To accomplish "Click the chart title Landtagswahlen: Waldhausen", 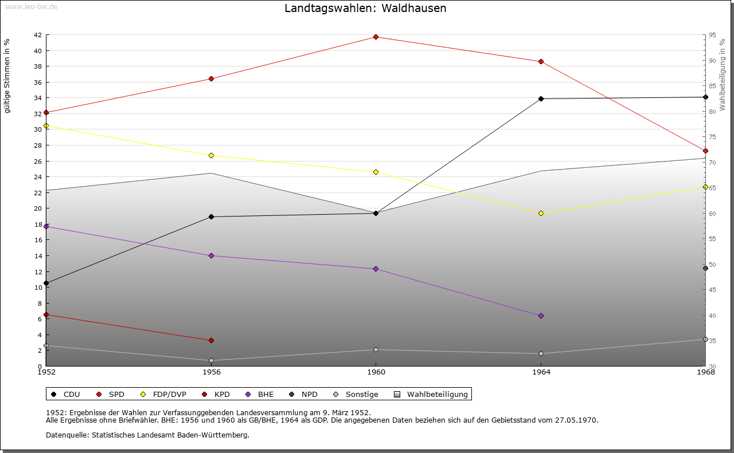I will [x=365, y=9].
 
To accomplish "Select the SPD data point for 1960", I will [x=376, y=37].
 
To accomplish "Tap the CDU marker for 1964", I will [x=541, y=99].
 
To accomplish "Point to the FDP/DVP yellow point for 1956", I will [x=211, y=155].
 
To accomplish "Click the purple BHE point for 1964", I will [x=541, y=316].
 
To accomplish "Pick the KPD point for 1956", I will [x=211, y=340].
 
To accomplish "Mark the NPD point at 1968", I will [x=705, y=268].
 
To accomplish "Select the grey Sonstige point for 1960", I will [x=376, y=349].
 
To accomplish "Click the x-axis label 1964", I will [x=541, y=372].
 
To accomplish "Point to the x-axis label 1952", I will [x=46, y=372].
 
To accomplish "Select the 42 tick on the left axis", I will [x=38, y=35].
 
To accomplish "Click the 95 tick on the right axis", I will [x=712, y=35].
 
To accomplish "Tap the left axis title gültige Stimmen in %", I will [x=7, y=76].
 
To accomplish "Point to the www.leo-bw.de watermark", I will [x=31, y=7].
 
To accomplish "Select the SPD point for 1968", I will [x=705, y=151].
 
